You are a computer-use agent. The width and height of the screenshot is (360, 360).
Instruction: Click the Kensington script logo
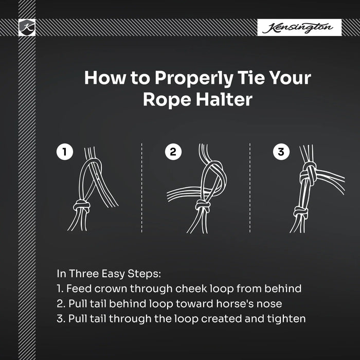(x=298, y=28)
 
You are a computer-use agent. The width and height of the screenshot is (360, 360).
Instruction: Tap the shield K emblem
(x=27, y=27)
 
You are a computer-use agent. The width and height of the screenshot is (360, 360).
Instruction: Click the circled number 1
(x=65, y=152)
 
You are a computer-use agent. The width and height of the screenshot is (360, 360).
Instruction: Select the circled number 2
(x=173, y=152)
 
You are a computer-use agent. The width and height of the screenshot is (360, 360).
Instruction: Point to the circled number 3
(x=281, y=152)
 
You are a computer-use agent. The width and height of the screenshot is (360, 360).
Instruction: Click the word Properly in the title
(x=194, y=79)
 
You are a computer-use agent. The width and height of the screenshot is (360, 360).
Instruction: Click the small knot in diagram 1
(x=81, y=206)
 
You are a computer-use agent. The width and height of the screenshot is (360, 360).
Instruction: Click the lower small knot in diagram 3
(x=301, y=211)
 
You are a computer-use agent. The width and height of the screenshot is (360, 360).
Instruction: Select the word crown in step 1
(x=111, y=289)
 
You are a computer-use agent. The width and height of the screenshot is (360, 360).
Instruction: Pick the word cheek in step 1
(x=191, y=289)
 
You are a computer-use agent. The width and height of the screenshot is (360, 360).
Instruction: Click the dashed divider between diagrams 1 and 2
(x=141, y=188)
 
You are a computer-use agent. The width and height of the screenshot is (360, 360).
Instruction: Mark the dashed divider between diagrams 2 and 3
(x=250, y=188)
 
